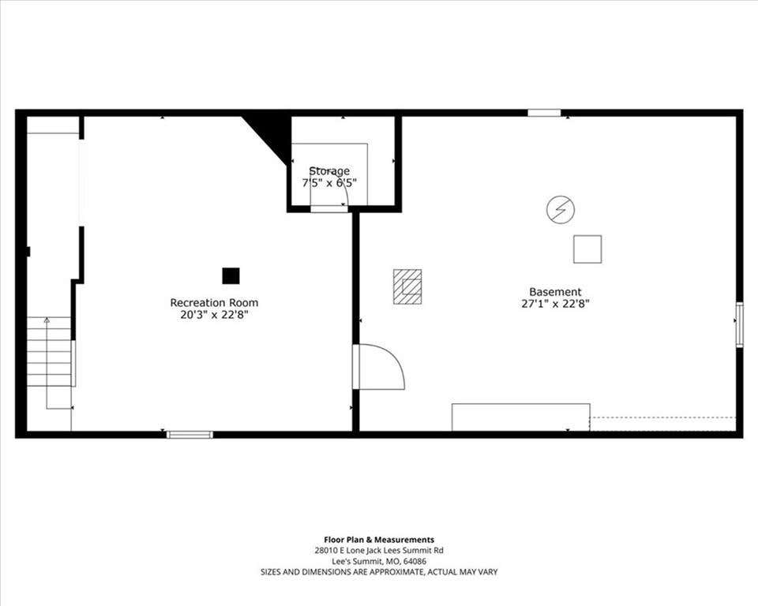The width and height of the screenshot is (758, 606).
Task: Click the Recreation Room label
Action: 214,302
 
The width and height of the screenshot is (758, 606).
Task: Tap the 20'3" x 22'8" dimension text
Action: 214,315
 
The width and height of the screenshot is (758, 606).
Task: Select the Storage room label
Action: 329,171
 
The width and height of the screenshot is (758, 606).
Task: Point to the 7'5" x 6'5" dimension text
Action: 329,183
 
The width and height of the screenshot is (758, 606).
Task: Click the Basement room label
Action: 555,292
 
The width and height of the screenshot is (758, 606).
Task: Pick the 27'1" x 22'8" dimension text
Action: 555,304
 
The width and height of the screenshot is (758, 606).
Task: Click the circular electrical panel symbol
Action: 561,210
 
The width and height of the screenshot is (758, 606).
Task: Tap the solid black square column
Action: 231,276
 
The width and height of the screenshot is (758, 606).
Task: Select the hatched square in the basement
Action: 407,286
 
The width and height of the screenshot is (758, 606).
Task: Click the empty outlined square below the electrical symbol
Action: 587,249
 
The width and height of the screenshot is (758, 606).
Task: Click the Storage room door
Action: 328,209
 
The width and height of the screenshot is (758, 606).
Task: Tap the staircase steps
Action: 49,351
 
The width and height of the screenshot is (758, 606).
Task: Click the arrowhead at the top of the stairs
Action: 47,320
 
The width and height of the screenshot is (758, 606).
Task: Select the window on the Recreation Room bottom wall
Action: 189,435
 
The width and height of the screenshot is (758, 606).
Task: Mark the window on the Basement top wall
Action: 544,113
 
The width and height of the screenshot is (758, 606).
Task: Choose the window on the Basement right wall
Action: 740,324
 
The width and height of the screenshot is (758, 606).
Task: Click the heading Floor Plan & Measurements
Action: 379,540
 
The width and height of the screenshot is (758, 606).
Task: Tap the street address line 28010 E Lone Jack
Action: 379,551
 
